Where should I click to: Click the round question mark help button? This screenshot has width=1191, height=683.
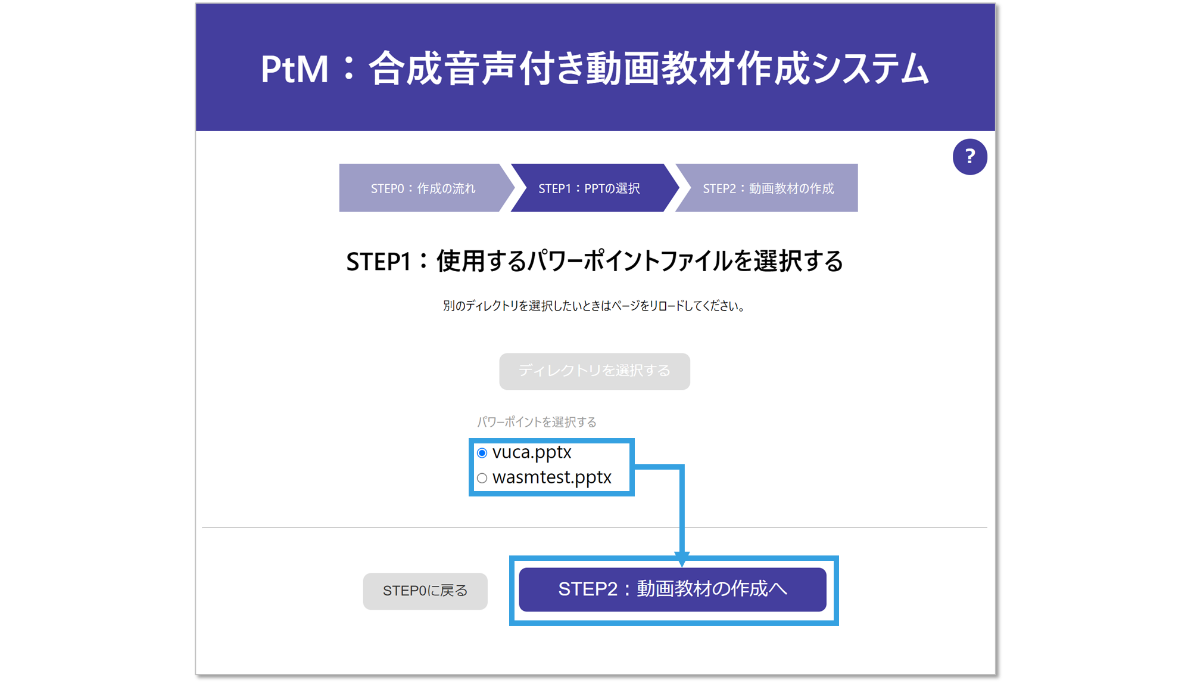969,157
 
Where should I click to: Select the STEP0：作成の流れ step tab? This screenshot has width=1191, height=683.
423,188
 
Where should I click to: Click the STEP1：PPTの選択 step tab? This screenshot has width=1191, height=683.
590,188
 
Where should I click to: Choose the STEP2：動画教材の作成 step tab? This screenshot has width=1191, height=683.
768,188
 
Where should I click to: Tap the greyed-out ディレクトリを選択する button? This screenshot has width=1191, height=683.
594,371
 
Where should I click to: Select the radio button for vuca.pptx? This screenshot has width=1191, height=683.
482,454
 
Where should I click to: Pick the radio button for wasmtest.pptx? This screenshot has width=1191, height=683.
482,478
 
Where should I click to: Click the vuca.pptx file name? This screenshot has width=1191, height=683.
532,453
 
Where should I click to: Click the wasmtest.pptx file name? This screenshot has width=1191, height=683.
552,478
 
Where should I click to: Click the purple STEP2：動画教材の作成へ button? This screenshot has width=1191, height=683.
672,589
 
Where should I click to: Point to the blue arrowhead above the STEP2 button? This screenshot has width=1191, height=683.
682,558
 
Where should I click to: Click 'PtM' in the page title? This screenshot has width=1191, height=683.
294,69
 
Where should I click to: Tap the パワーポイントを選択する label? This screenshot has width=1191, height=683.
537,423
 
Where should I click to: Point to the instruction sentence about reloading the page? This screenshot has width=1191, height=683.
594,306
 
